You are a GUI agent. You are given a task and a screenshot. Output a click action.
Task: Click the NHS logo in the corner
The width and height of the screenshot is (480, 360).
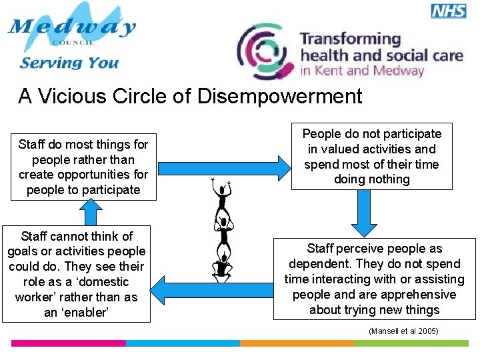pyautogui.click(x=448, y=10)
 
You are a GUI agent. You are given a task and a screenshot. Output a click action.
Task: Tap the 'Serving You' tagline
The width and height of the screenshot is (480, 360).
pyautogui.click(x=69, y=63)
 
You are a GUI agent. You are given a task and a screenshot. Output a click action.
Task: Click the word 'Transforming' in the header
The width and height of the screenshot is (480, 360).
pyautogui.click(x=349, y=39)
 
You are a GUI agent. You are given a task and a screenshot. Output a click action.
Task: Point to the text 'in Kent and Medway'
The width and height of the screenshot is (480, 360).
pyautogui.click(x=362, y=71)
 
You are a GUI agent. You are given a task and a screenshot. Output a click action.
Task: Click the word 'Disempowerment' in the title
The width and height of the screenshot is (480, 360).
pyautogui.click(x=279, y=97)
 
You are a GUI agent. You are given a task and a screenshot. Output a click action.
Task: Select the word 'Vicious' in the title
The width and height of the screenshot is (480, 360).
pyautogui.click(x=73, y=97)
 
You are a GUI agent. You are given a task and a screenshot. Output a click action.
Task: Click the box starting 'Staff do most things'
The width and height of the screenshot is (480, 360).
pyautogui.click(x=83, y=167)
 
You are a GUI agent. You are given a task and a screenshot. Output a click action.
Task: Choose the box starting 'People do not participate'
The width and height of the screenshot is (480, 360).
pyautogui.click(x=371, y=157)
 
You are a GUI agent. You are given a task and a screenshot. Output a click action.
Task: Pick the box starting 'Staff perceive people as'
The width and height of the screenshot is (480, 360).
pyautogui.click(x=374, y=279)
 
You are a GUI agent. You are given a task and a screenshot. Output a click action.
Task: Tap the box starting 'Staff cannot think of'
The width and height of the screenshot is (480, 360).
pyautogui.click(x=76, y=274)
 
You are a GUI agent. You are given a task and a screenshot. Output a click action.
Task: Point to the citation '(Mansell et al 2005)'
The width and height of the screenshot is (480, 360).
pyautogui.click(x=403, y=331)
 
